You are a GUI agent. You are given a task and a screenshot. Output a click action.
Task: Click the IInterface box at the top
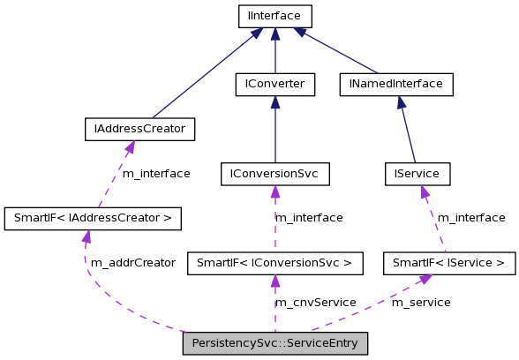click(275, 16)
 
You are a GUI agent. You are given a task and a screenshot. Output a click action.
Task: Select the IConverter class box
click(275, 84)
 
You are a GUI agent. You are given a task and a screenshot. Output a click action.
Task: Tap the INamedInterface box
click(396, 84)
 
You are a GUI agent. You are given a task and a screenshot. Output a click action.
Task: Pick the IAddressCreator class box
click(139, 129)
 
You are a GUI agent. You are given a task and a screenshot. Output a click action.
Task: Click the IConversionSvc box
click(275, 174)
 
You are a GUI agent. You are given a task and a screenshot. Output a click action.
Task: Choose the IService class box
click(417, 174)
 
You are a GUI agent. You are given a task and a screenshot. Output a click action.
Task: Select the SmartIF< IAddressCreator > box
click(93, 218)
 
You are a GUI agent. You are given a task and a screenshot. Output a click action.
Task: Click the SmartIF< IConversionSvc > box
click(275, 263)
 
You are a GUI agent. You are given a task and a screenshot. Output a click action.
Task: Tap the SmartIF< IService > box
click(449, 263)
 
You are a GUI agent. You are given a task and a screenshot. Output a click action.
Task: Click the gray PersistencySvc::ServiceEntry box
click(275, 343)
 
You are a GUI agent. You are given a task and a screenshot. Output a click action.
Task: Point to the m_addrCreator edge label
click(133, 263)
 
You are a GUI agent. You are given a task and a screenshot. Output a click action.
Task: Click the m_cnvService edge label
click(315, 303)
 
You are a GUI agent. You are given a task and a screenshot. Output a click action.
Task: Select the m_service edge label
click(421, 303)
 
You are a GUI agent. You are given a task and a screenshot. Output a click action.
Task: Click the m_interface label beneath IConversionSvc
click(309, 218)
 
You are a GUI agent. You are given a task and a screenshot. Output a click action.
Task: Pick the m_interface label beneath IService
click(471, 218)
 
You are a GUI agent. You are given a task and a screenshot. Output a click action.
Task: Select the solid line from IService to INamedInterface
click(408, 132)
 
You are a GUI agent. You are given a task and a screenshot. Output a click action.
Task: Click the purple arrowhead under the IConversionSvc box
click(275, 191)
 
